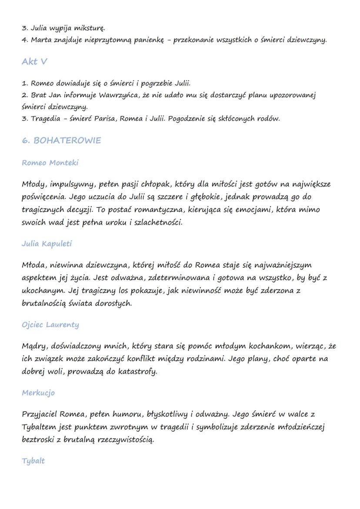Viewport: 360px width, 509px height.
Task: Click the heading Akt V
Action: pyautogui.click(x=34, y=62)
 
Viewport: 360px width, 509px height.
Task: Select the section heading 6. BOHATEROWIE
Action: pyautogui.click(x=61, y=140)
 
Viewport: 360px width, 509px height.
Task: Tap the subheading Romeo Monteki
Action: pyautogui.click(x=50, y=163)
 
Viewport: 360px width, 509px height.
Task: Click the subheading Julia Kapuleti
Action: pyautogui.click(x=47, y=244)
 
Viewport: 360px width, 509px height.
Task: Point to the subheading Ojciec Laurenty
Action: pyautogui.click(x=50, y=325)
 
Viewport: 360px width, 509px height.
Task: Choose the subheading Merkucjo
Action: pyautogui.click(x=38, y=393)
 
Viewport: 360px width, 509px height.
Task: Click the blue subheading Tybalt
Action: pyautogui.click(x=33, y=461)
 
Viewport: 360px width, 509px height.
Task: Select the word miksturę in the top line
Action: pyautogui.click(x=90, y=28)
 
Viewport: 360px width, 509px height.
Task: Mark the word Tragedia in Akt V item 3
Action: pyautogui.click(x=45, y=118)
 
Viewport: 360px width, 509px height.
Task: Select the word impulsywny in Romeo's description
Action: pyautogui.click(x=70, y=184)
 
